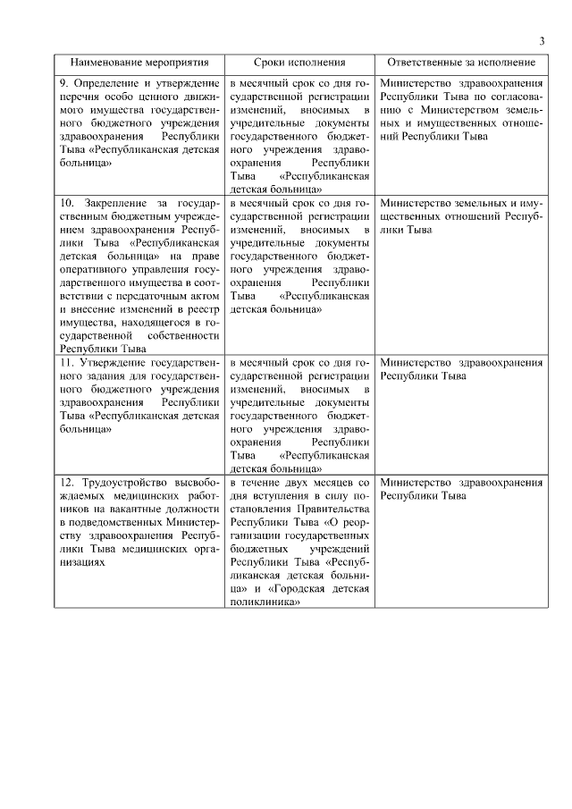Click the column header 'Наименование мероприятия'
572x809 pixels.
click(x=139, y=63)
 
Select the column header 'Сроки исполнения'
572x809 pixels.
click(x=299, y=63)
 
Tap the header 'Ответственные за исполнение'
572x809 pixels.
click(x=461, y=63)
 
